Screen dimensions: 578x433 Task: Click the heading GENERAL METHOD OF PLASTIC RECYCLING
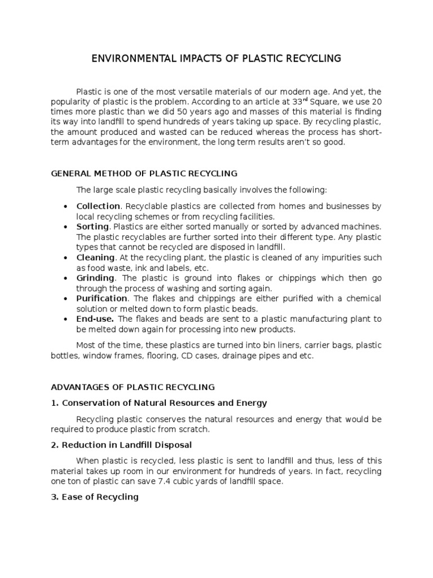tap(144, 173)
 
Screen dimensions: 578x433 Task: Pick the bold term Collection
tap(98, 206)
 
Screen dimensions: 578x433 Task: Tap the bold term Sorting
tap(92, 226)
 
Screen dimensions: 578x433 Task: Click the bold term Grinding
tap(95, 278)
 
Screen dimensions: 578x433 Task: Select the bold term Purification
tap(102, 298)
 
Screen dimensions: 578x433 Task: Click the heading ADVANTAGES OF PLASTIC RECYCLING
tap(133, 387)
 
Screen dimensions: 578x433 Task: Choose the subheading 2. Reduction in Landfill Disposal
tap(121, 445)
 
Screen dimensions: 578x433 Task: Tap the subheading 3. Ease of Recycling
tap(95, 497)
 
